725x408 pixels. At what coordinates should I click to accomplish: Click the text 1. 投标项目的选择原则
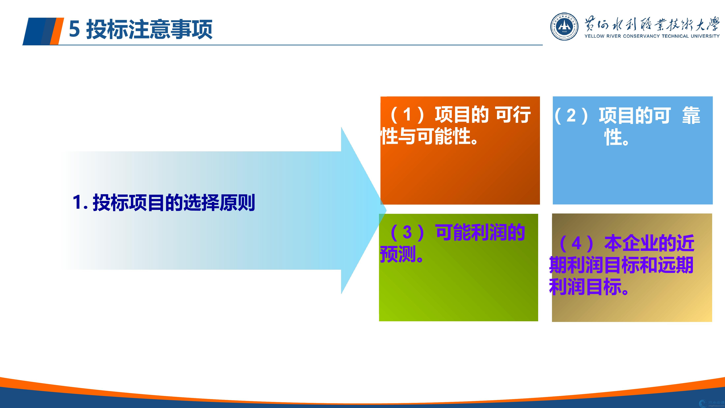(x=164, y=202)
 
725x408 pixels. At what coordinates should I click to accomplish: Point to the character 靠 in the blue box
(x=691, y=115)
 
